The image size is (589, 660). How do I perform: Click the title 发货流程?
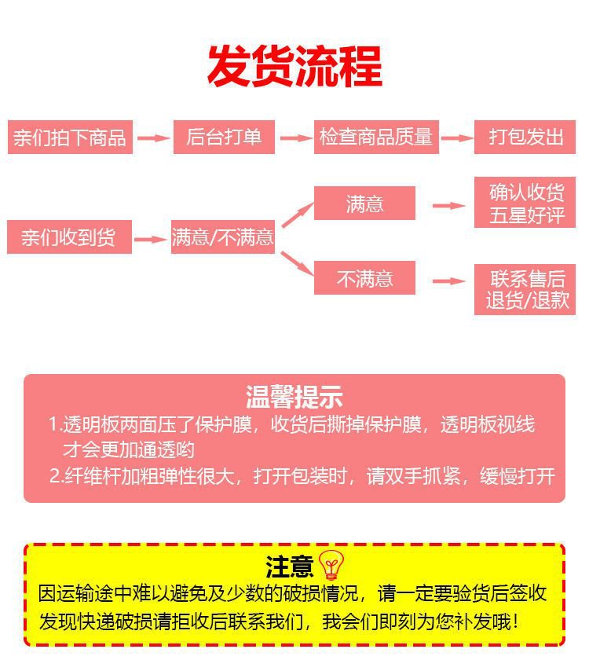(x=294, y=66)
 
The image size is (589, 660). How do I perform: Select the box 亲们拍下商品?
(x=70, y=137)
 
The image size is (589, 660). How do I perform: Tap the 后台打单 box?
(x=225, y=137)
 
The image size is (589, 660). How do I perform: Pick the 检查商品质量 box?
(x=376, y=137)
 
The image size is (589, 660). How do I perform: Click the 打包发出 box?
(x=525, y=137)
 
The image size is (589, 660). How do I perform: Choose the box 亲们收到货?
(x=69, y=237)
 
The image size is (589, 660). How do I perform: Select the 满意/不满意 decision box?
(x=223, y=237)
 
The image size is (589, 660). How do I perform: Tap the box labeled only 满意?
(x=364, y=203)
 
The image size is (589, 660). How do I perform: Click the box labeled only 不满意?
(x=364, y=278)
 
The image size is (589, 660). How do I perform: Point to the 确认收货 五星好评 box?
(x=525, y=203)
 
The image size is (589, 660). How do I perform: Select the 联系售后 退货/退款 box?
(x=525, y=290)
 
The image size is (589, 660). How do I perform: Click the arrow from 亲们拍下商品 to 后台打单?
(x=153, y=137)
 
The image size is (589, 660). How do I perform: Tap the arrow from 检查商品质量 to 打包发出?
(x=457, y=137)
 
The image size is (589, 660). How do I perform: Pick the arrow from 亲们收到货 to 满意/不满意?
(x=151, y=239)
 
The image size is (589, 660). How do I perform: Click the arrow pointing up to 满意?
(x=298, y=214)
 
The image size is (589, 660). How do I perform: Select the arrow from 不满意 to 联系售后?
(x=449, y=280)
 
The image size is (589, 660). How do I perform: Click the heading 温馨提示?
(x=294, y=397)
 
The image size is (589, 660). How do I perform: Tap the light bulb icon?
(x=331, y=564)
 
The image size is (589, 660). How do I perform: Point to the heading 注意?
(x=290, y=566)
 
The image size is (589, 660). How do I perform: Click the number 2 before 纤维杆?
(x=55, y=476)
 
